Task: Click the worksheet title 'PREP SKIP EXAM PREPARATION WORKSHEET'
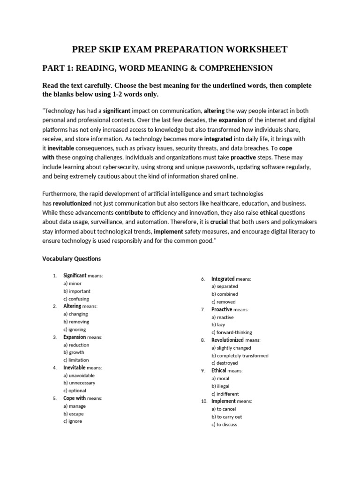(180, 49)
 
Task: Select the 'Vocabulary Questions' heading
(71, 259)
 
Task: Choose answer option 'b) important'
(77, 291)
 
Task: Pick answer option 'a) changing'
(75, 314)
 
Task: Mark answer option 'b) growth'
(73, 352)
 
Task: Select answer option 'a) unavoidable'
(79, 375)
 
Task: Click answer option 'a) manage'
(75, 406)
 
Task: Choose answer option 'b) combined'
(225, 294)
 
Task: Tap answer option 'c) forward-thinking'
(232, 332)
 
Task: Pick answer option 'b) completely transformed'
(240, 355)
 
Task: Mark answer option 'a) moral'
(220, 378)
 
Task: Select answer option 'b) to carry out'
(226, 417)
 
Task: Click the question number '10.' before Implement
(204, 402)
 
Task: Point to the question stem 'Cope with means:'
(82, 398)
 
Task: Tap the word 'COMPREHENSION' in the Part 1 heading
(236, 68)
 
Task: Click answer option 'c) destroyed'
(225, 363)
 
